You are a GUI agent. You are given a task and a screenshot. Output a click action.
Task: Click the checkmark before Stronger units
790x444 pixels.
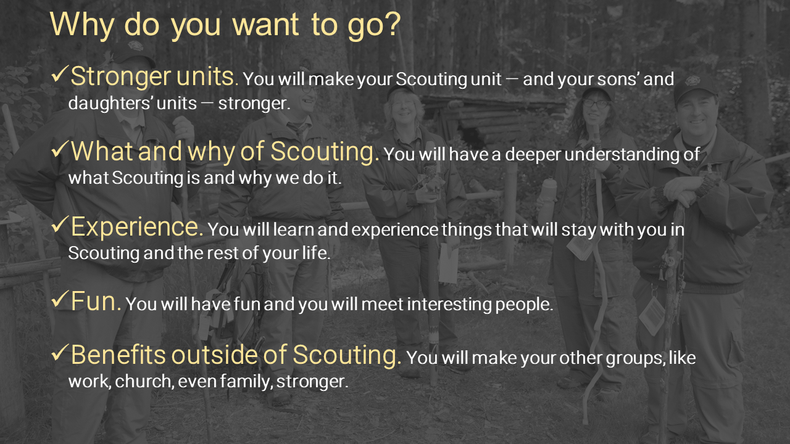click(x=60, y=74)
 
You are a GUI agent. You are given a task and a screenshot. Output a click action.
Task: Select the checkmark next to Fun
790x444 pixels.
click(x=60, y=299)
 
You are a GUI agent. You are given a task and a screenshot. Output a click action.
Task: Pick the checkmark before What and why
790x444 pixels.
click(x=60, y=149)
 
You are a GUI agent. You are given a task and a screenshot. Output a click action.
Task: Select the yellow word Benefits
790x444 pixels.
click(x=118, y=355)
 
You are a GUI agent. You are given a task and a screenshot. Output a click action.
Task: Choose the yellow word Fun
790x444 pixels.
click(x=96, y=302)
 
